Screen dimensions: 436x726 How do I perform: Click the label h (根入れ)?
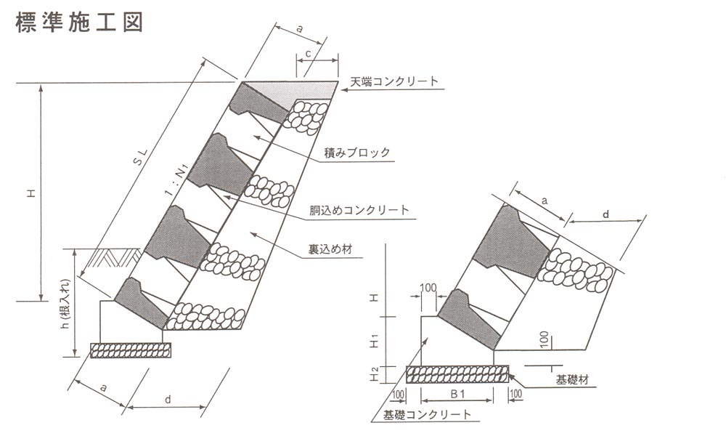[65, 312]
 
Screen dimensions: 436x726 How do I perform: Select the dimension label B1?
[457, 393]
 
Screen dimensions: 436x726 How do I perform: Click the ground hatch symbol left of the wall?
[113, 256]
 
